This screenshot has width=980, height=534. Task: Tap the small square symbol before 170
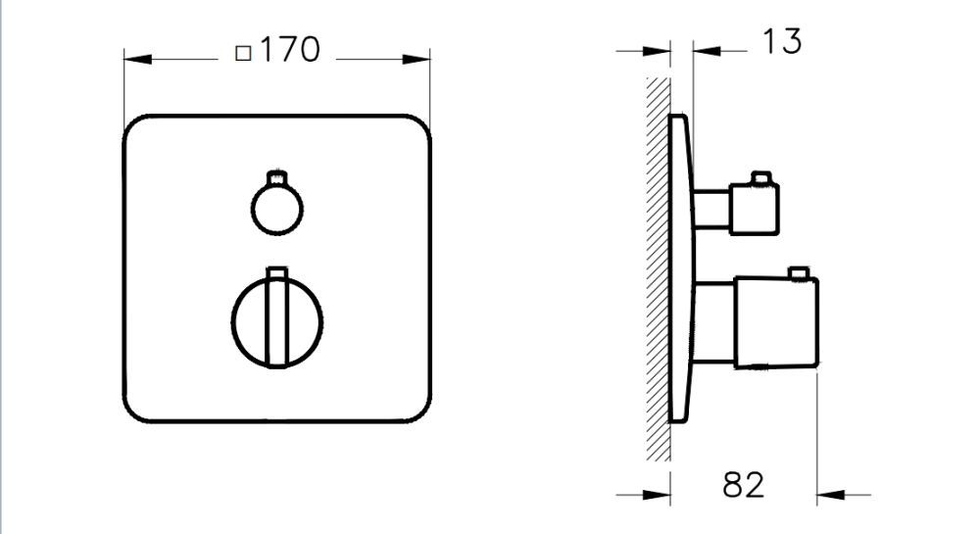coord(244,53)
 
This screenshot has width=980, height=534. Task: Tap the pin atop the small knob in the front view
coord(279,177)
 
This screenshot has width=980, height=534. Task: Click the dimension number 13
coord(780,42)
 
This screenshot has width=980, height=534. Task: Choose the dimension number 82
coord(743,483)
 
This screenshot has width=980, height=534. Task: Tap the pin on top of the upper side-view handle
coord(757,177)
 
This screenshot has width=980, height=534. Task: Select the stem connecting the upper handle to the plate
coord(711,208)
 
